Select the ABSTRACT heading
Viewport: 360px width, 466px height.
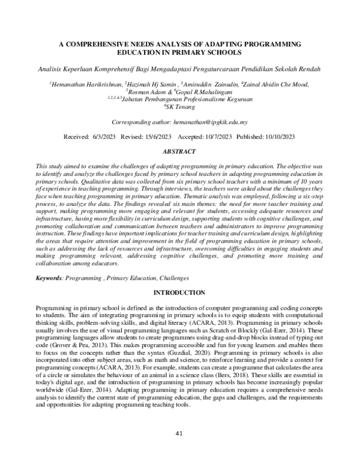[x=180, y=153]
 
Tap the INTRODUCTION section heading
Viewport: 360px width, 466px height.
[x=180, y=292]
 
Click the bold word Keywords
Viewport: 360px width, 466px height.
[x=49, y=279]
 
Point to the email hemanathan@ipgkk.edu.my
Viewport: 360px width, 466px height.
[x=214, y=122]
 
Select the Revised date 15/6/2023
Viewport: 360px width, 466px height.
[x=174, y=137]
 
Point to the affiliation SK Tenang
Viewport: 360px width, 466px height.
[x=182, y=106]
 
